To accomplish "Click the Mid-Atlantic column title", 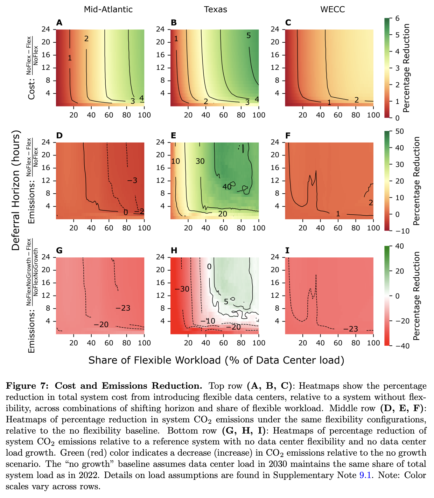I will tap(108, 9).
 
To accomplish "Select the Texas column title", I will tap(216, 9).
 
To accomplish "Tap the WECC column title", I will tap(332, 9).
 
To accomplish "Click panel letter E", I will tap(174, 136).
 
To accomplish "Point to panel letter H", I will tap(174, 250).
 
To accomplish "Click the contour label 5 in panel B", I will tap(248, 35).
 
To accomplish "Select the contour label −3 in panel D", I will tap(132, 181).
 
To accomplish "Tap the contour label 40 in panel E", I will tap(227, 187).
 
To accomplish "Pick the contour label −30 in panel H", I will tap(182, 289).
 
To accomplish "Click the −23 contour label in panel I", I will tap(351, 329).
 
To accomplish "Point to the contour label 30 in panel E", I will tap(200, 161).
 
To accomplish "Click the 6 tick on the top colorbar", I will tap(397, 19).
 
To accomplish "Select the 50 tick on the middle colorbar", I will tap(399, 131).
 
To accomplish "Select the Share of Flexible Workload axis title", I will tap(216, 360).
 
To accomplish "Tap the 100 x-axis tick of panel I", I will tap(373, 343).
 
